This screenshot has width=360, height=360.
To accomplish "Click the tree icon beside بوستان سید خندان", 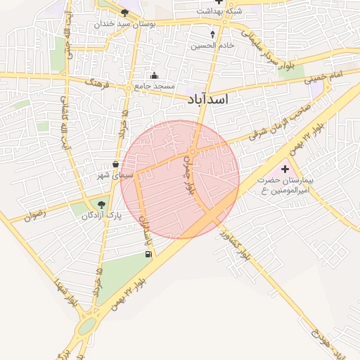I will [124, 13].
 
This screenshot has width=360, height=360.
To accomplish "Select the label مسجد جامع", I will [154, 86].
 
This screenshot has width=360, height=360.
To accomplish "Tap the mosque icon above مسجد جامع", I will [155, 76].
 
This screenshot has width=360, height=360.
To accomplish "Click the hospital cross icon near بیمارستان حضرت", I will [285, 169].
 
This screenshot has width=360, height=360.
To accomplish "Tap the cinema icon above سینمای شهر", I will [115, 164].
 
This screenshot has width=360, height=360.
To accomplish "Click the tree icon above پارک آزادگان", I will [102, 205].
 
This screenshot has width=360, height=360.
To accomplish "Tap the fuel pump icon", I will [146, 254].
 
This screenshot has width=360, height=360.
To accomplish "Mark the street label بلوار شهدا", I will [64, 292].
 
